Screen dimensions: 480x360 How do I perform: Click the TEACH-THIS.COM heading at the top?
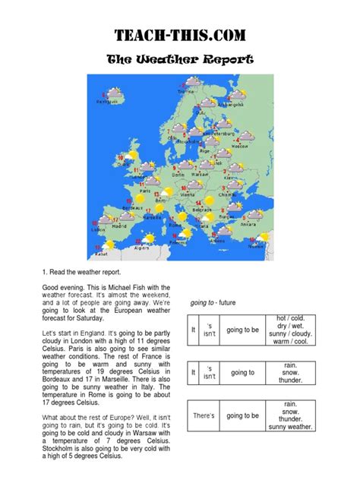(179, 35)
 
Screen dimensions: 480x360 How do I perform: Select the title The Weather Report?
(179, 59)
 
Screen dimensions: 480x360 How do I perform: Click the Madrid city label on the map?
(118, 226)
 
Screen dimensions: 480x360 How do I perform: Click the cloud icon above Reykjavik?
(115, 93)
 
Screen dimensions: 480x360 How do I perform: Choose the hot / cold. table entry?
(290, 317)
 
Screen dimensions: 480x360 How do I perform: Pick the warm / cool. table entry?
(290, 342)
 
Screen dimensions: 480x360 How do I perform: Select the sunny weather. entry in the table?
(290, 427)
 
